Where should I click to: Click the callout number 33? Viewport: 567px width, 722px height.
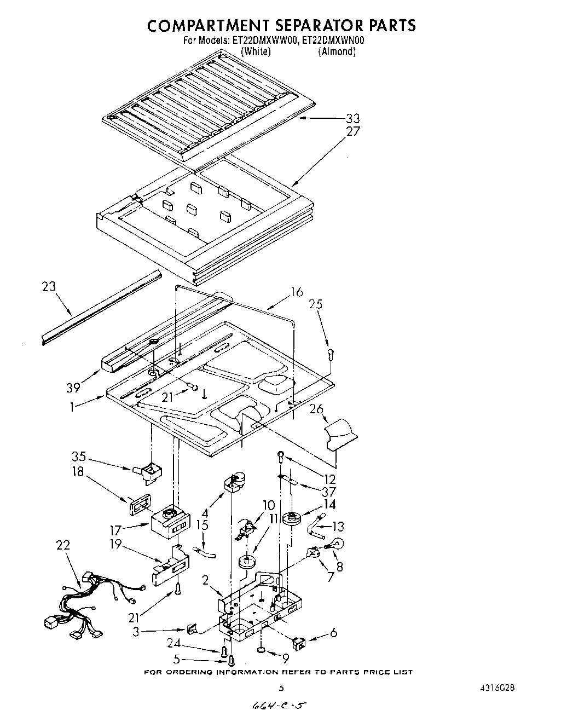pos(353,119)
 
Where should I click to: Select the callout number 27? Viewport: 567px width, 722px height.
pos(353,131)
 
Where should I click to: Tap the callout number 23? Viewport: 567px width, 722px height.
pos(49,286)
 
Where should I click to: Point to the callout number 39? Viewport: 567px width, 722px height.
pos(73,388)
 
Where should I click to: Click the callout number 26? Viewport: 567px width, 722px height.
pos(316,409)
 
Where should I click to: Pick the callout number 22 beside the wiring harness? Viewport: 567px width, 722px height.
pos(63,546)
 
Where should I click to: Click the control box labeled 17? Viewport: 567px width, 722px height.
pos(168,521)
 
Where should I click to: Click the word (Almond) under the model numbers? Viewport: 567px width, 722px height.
pos(337,51)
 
